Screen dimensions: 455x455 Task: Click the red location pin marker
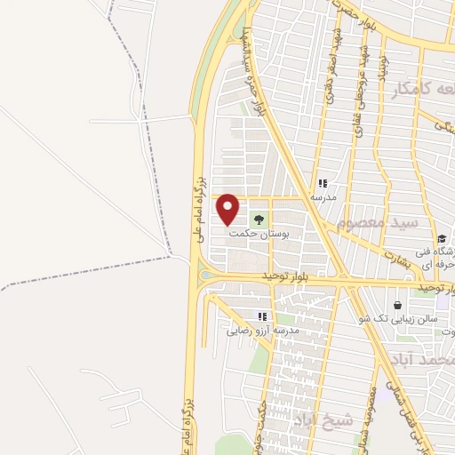[228, 208]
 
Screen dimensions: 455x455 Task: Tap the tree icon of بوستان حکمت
[259, 218]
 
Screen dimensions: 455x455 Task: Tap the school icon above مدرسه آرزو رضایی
[261, 316]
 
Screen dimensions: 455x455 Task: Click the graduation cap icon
[442, 238]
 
